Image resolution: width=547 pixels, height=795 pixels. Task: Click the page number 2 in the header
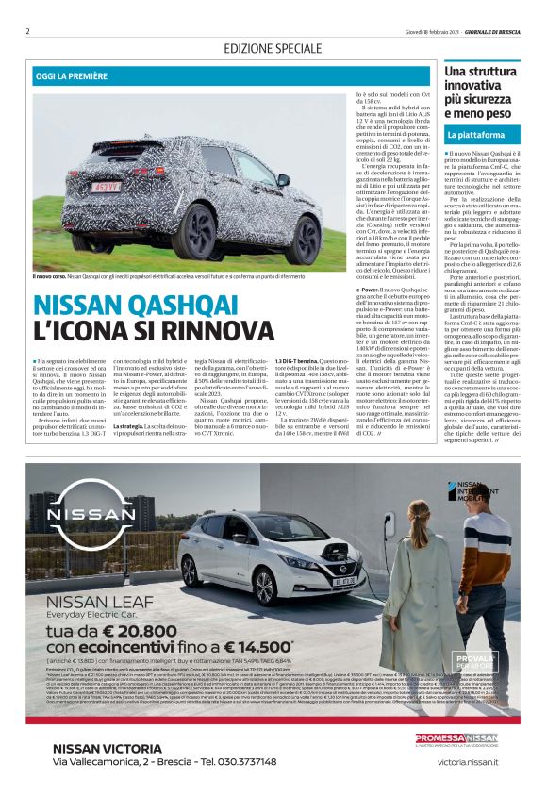point(27,30)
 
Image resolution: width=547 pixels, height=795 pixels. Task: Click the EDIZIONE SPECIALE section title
point(273,48)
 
